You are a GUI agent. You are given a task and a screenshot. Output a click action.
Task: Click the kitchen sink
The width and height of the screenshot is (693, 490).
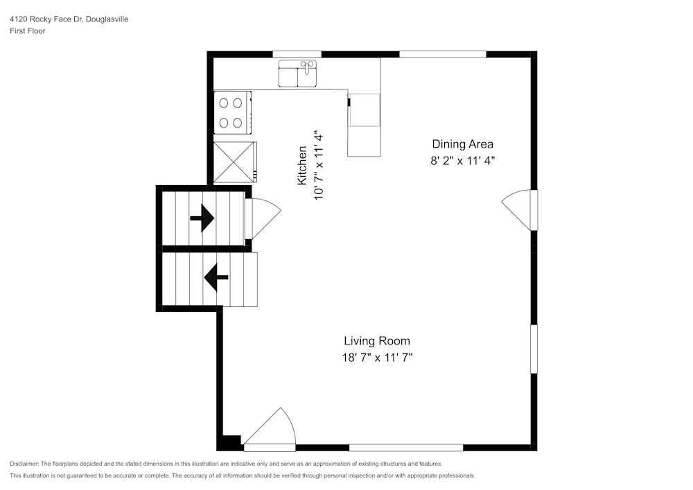298,74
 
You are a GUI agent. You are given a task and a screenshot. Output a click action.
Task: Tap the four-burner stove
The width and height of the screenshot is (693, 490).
231,113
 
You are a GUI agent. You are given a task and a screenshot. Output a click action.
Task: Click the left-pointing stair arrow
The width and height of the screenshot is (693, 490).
216,279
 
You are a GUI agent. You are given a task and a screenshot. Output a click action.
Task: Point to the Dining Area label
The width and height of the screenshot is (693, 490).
462,144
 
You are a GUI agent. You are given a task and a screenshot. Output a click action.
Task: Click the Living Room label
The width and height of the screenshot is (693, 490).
377,341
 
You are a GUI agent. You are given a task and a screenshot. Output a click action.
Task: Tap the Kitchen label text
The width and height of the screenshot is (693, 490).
302,165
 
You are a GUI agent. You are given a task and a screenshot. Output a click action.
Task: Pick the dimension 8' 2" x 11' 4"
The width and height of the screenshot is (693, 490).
462,161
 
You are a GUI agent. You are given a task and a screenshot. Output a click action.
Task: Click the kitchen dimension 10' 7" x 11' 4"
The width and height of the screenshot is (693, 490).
319,165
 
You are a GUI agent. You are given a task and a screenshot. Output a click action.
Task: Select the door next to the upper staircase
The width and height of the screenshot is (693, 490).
263,218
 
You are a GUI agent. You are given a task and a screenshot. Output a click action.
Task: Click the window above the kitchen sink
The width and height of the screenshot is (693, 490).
297,54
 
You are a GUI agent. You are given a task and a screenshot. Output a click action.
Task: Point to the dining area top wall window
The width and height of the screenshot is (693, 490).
442,54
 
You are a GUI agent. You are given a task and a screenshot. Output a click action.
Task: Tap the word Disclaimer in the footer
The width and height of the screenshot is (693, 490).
24,464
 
